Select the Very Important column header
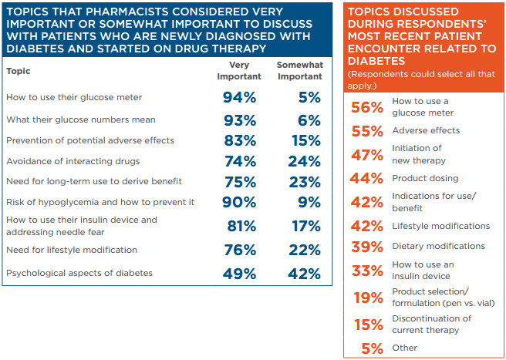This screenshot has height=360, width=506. click(239, 71)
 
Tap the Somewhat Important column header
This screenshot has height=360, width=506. click(299, 71)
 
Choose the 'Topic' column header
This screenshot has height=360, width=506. click(19, 71)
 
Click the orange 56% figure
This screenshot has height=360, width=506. click(367, 107)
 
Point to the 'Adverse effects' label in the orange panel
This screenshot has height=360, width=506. click(426, 130)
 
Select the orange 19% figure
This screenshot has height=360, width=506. click(368, 298)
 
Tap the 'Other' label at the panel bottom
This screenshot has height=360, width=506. click(404, 348)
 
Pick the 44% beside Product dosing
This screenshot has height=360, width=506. click(367, 179)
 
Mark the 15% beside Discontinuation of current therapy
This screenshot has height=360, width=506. click(368, 325)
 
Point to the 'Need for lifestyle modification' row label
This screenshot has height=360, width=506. click(72, 250)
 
